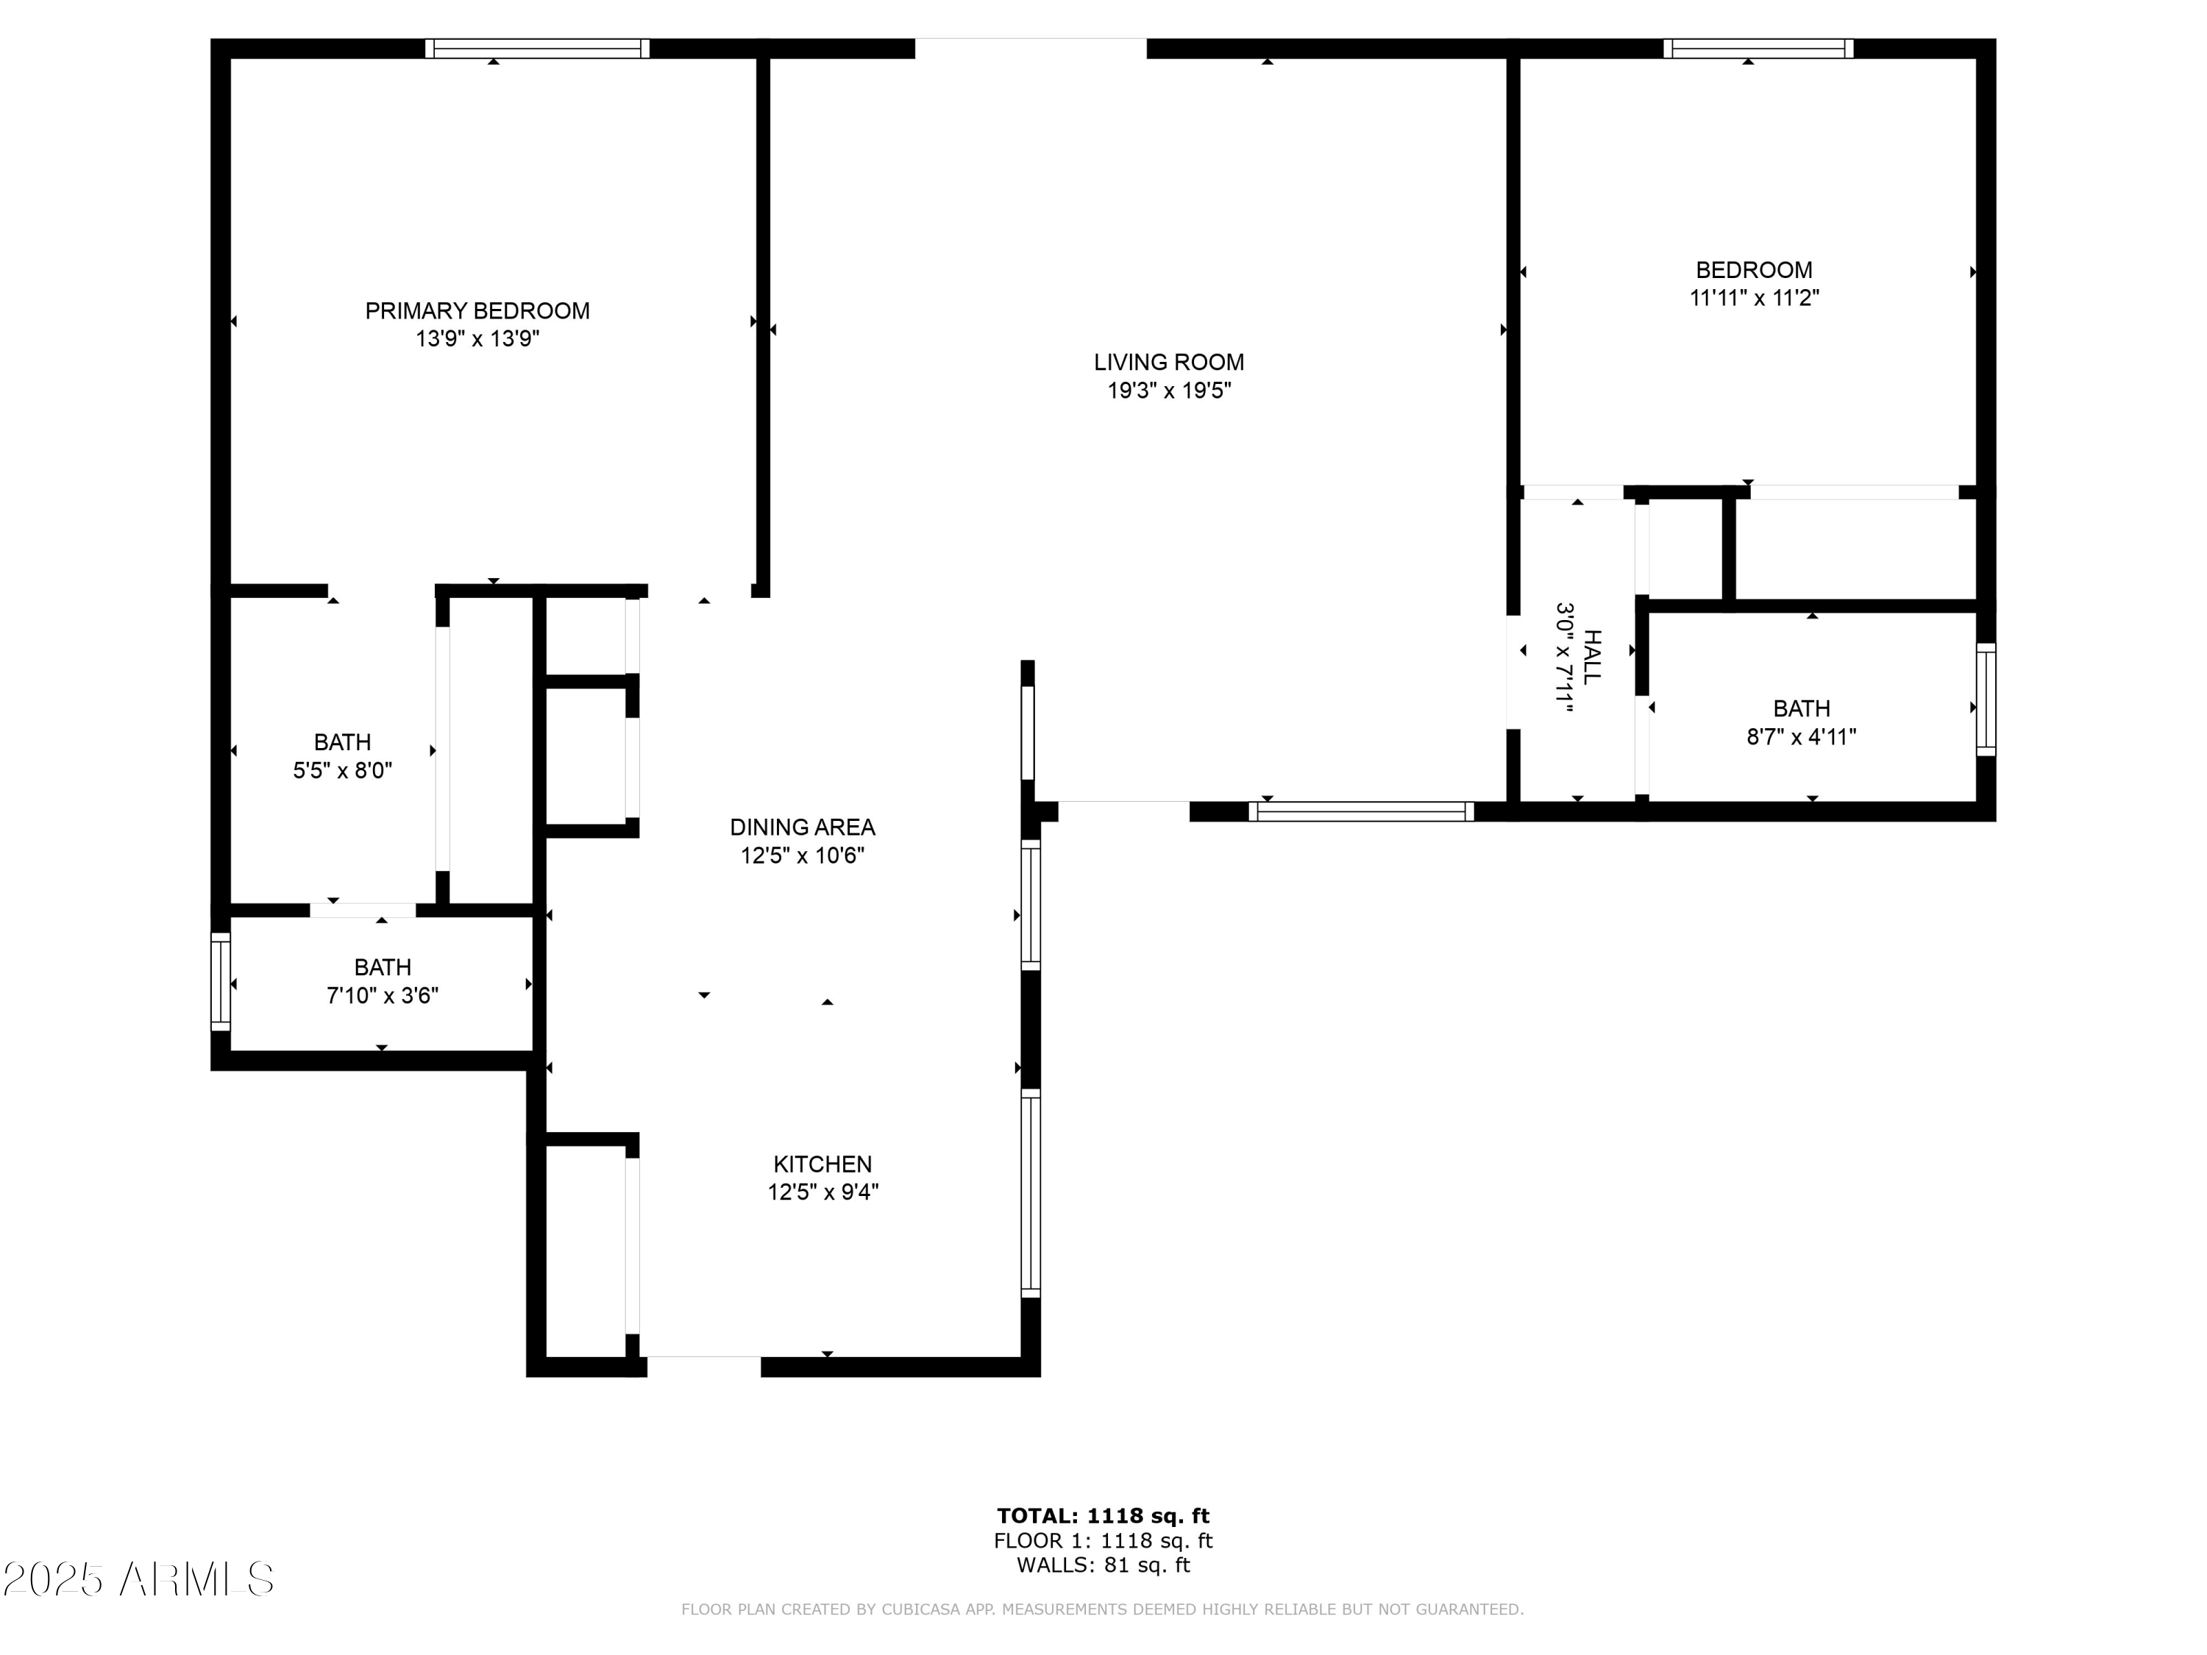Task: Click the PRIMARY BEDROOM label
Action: point(477,310)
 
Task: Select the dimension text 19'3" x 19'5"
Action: point(1168,390)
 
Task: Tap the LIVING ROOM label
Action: point(1168,362)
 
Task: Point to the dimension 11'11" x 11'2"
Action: point(1753,297)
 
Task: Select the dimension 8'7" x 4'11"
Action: point(1800,736)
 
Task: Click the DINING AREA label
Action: point(801,827)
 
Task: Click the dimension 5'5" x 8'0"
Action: point(342,770)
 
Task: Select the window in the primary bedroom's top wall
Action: point(537,49)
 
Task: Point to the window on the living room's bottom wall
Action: point(1360,811)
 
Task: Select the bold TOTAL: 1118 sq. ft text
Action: point(1103,1516)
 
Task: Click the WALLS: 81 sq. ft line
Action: point(1103,1565)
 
